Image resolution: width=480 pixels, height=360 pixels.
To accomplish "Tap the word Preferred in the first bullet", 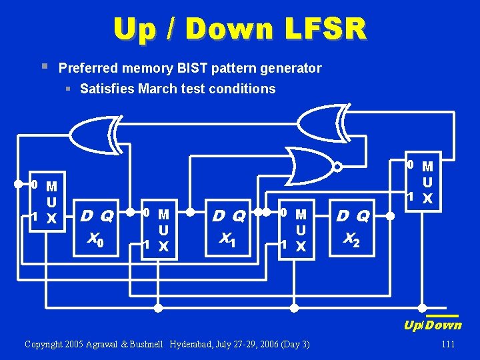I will click(84, 68).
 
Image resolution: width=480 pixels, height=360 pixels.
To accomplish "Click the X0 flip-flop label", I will click(96, 239).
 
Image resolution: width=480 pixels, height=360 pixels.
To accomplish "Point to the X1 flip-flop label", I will click(228, 239).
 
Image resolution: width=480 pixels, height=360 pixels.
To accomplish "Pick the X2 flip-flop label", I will click(352, 238).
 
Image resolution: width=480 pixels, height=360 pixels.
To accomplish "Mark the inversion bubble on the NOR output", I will click(338, 166).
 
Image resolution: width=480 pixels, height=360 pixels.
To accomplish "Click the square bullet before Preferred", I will click(44, 66).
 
